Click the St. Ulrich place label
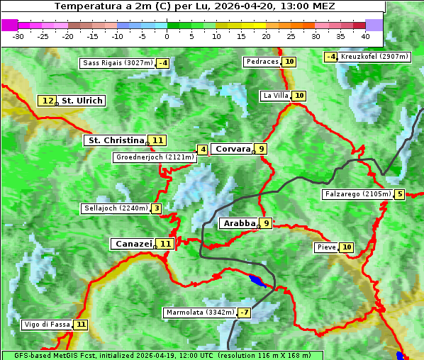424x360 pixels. point(82,101)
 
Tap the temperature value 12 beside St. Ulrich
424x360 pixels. point(48,101)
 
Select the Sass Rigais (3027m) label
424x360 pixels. point(117,63)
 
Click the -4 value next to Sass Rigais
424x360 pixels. point(163,63)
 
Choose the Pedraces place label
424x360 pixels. point(262,62)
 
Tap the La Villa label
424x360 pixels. point(275,96)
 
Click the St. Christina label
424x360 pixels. point(115,140)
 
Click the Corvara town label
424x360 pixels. point(233,149)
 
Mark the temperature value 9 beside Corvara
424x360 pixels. point(262,149)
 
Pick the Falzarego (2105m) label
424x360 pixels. point(357,194)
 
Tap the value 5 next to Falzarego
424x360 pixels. point(400,194)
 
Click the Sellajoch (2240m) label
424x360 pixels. point(115,208)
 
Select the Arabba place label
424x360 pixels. point(238,223)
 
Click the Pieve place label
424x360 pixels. point(326,247)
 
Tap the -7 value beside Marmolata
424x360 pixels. point(245,313)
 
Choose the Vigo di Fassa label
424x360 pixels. point(47,325)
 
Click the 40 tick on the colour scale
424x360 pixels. point(364,35)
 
